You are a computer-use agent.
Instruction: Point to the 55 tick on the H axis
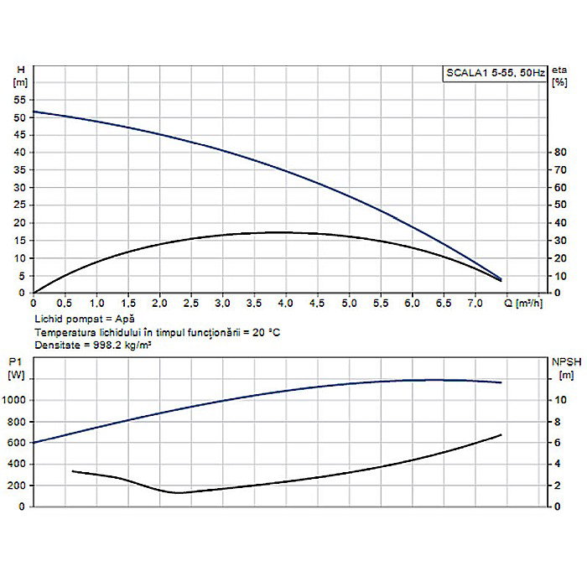pyautogui.click(x=20, y=100)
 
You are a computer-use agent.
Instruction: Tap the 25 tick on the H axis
pyautogui.click(x=20, y=205)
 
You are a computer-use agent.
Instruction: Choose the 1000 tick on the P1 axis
pyautogui.click(x=16, y=401)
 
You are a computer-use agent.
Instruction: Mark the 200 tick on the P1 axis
pyautogui.click(x=18, y=486)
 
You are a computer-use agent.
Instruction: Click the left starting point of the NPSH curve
pyautogui.click(x=72, y=471)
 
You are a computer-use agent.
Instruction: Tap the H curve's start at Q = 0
pyautogui.click(x=34, y=112)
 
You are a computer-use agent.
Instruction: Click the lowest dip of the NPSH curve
pyautogui.click(x=179, y=492)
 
